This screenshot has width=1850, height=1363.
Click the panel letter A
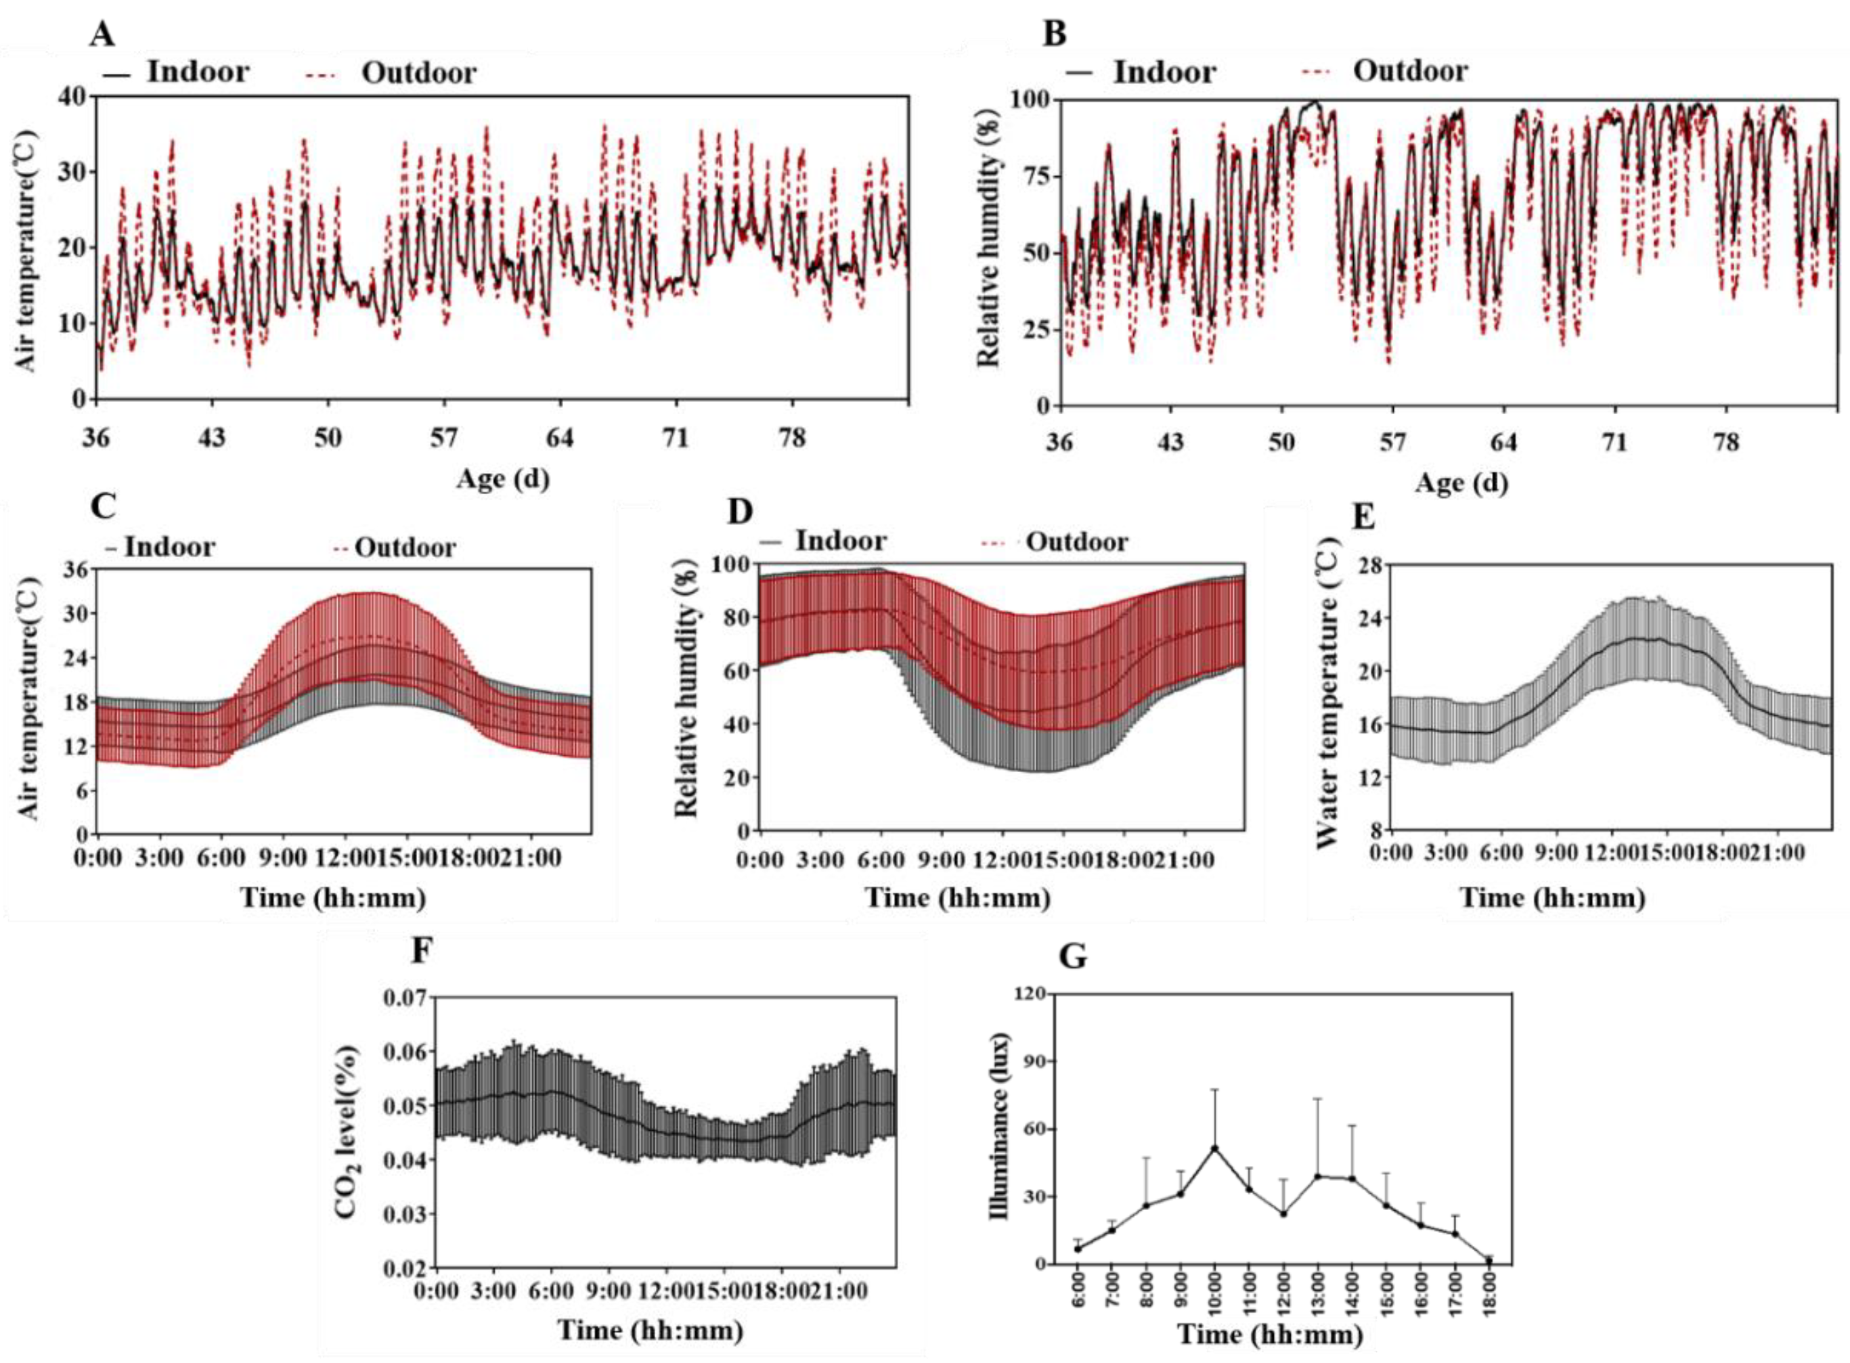pos(102,34)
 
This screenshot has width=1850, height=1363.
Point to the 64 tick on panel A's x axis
pos(559,437)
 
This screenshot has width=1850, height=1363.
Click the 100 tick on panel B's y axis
pos(1030,101)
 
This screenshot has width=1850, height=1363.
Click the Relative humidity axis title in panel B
pos(988,248)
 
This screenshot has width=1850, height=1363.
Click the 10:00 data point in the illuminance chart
pos(1214,1148)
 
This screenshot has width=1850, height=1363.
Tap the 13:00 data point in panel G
pos(1318,1176)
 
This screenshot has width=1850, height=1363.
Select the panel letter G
pos(1073,957)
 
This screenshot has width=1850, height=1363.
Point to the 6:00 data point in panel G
pos(1078,1249)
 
